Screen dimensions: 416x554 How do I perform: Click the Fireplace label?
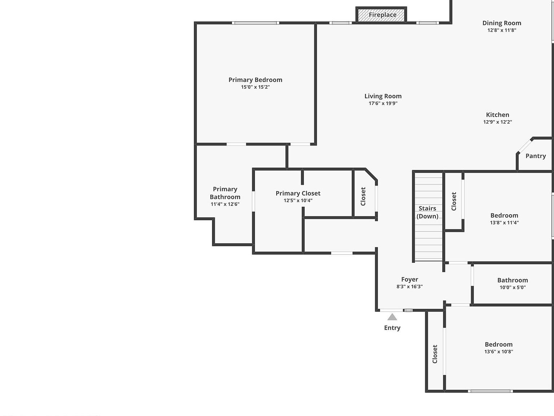pos(382,15)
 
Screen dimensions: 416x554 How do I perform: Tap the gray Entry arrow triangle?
pos(392,317)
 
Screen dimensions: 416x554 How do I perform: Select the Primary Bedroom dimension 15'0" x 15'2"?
pos(255,87)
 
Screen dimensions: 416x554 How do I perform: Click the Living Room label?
pos(383,96)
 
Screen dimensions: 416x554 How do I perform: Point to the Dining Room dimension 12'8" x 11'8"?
pos(502,30)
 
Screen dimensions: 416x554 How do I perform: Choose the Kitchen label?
pos(497,115)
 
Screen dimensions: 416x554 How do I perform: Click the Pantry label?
pos(535,156)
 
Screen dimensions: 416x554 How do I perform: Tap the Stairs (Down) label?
pos(427,212)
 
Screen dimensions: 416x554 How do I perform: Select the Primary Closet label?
pos(298,193)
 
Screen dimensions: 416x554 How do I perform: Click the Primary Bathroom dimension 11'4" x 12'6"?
pos(225,204)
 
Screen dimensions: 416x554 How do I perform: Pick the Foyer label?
pos(409,279)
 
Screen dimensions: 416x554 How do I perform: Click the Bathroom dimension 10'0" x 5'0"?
pos(513,287)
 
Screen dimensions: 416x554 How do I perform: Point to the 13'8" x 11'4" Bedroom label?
pos(504,216)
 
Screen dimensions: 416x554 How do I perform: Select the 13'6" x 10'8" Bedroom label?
pos(498,344)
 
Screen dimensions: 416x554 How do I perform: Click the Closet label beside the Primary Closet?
pos(363,196)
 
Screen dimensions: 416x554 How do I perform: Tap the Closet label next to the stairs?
pos(454,201)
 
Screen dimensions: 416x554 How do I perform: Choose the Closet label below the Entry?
pos(435,354)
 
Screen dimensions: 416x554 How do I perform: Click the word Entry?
pos(392,328)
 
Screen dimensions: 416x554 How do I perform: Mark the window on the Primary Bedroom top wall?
pos(255,23)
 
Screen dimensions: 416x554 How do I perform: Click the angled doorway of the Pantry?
pos(525,146)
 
